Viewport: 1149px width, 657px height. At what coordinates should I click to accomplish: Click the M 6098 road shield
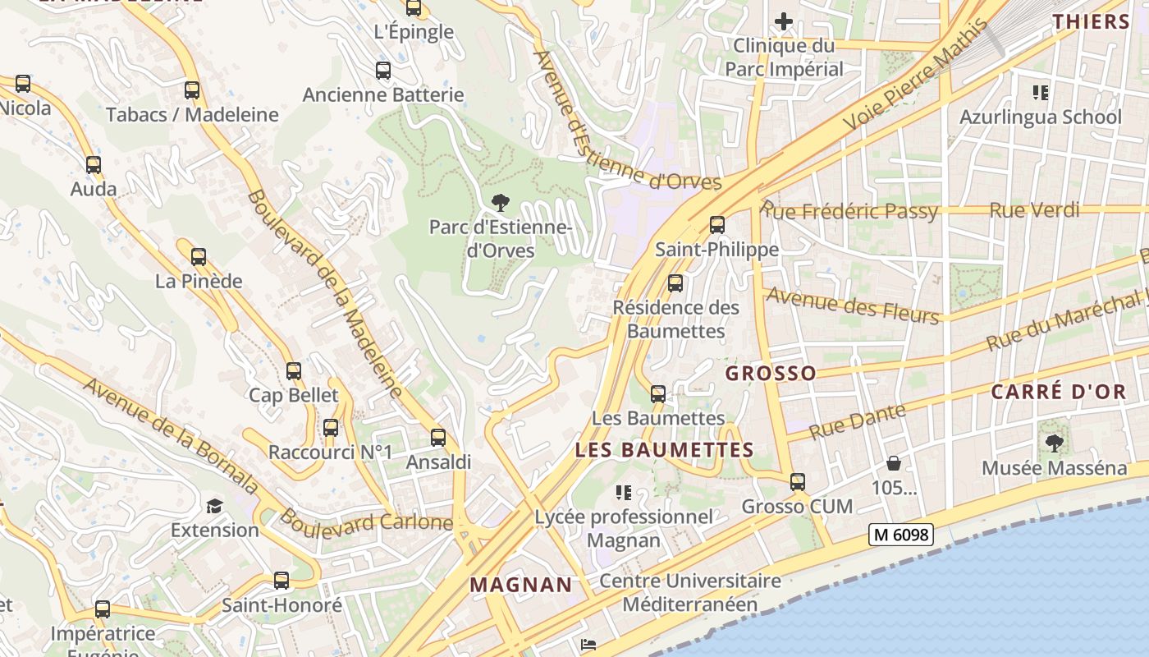[900, 535]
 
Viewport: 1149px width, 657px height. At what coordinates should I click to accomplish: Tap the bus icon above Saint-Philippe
[716, 224]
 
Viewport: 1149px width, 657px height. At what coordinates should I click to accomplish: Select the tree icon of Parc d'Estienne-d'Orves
[499, 202]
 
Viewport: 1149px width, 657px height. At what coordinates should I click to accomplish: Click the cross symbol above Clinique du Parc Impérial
[784, 21]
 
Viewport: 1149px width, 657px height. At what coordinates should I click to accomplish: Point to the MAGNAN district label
[521, 585]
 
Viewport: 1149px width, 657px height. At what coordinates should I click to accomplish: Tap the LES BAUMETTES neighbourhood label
[664, 450]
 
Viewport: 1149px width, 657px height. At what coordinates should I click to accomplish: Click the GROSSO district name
[771, 374]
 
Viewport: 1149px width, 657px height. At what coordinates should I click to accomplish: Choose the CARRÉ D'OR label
[1058, 392]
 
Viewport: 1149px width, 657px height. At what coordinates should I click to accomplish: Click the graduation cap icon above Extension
[214, 506]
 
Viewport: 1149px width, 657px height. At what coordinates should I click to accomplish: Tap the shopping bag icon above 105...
[893, 464]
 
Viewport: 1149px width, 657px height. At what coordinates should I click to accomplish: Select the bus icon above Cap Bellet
[294, 371]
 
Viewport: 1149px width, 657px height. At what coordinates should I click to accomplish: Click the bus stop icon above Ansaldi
[438, 438]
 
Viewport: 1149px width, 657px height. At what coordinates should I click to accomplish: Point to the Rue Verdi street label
[1034, 210]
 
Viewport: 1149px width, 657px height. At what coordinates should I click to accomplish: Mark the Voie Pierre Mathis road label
[917, 76]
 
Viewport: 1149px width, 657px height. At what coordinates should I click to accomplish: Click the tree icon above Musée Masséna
[1055, 443]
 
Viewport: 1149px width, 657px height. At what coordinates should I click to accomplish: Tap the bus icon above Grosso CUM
[797, 482]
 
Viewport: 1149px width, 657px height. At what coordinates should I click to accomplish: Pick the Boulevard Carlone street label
[366, 521]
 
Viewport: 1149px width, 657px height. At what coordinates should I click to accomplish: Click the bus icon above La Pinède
[199, 257]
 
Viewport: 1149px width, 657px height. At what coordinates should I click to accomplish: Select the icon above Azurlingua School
[1041, 93]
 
